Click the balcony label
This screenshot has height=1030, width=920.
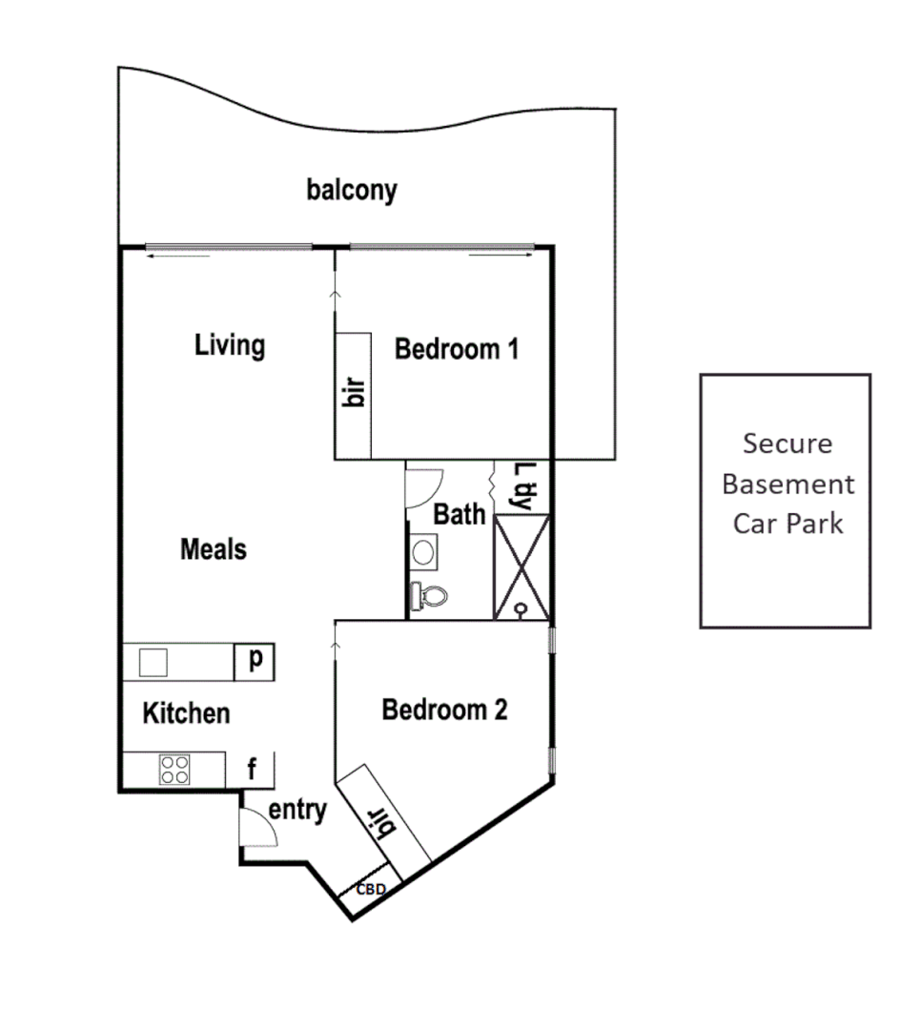[x=351, y=190]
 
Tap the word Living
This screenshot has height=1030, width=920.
[x=230, y=344]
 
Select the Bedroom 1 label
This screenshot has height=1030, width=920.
[x=457, y=349]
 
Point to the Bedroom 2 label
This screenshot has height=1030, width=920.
[x=444, y=710]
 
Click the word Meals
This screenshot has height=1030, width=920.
[x=214, y=549]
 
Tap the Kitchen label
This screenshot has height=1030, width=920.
[x=186, y=712]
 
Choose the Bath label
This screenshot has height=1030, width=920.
[x=460, y=514]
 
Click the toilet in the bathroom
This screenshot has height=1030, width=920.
[x=430, y=596]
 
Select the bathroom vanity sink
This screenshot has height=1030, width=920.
[x=424, y=550]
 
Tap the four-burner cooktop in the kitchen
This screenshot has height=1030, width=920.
[x=174, y=769]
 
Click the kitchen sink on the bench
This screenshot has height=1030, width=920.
[x=153, y=661]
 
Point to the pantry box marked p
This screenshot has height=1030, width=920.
[x=255, y=661]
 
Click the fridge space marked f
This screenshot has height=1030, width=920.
[x=253, y=770]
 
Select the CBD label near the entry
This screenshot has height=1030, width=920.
[x=371, y=889]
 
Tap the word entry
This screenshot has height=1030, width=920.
[x=297, y=811]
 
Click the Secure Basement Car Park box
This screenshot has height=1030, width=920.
[x=786, y=501]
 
